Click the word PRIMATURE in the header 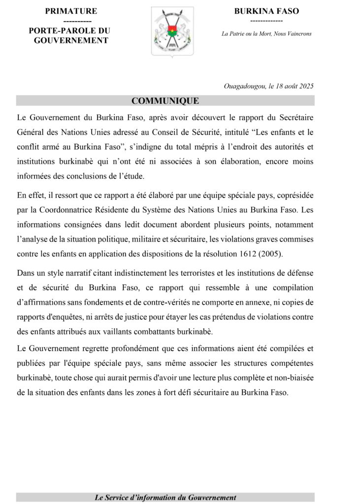pos(71,11)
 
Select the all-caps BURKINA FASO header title pos(266,11)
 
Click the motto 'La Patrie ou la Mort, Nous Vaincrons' pos(266,33)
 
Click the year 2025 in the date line pos(305,86)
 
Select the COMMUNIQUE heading pos(165,101)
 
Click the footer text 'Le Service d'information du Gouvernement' pos(165,498)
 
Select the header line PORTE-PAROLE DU pos(69,31)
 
